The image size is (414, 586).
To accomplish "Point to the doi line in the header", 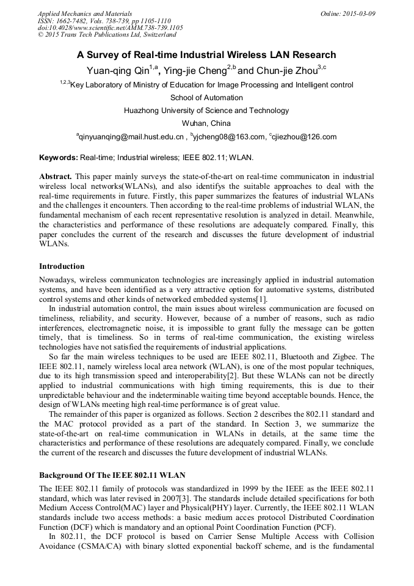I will click(110, 27).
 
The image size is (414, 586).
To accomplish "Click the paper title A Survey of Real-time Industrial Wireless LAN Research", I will click(206, 54).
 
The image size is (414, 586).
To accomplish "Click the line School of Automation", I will click(206, 98).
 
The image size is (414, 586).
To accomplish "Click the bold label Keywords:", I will click(59, 158).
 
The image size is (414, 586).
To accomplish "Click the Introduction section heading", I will click(62, 266).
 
